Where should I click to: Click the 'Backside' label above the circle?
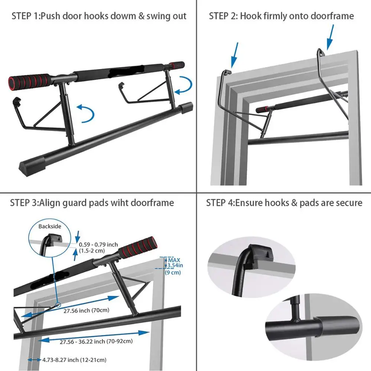point(50,226)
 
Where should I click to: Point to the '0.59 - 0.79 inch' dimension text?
point(98,244)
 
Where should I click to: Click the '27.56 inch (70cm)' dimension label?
point(86,311)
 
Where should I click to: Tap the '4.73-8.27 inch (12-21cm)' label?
point(75,360)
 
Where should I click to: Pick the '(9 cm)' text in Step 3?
point(173,272)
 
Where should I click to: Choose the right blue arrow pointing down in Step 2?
point(330,37)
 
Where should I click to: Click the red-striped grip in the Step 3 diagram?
point(138,248)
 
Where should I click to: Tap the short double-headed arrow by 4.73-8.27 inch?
point(34,360)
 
